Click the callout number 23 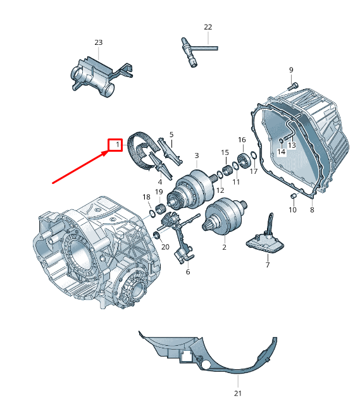[x=98, y=42]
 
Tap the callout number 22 [x=208, y=27]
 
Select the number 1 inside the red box [x=117, y=145]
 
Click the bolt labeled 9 [x=292, y=87]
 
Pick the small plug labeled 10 [x=294, y=196]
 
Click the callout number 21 [x=238, y=393]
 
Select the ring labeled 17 [x=253, y=155]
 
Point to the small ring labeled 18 [x=152, y=213]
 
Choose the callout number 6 [x=188, y=272]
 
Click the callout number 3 [x=197, y=156]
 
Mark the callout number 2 [x=225, y=247]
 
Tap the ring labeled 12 [x=220, y=175]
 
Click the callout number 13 [x=292, y=145]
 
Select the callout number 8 [x=312, y=210]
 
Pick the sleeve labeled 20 [x=157, y=235]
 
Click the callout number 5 [x=171, y=135]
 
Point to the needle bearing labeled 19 [x=160, y=209]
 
